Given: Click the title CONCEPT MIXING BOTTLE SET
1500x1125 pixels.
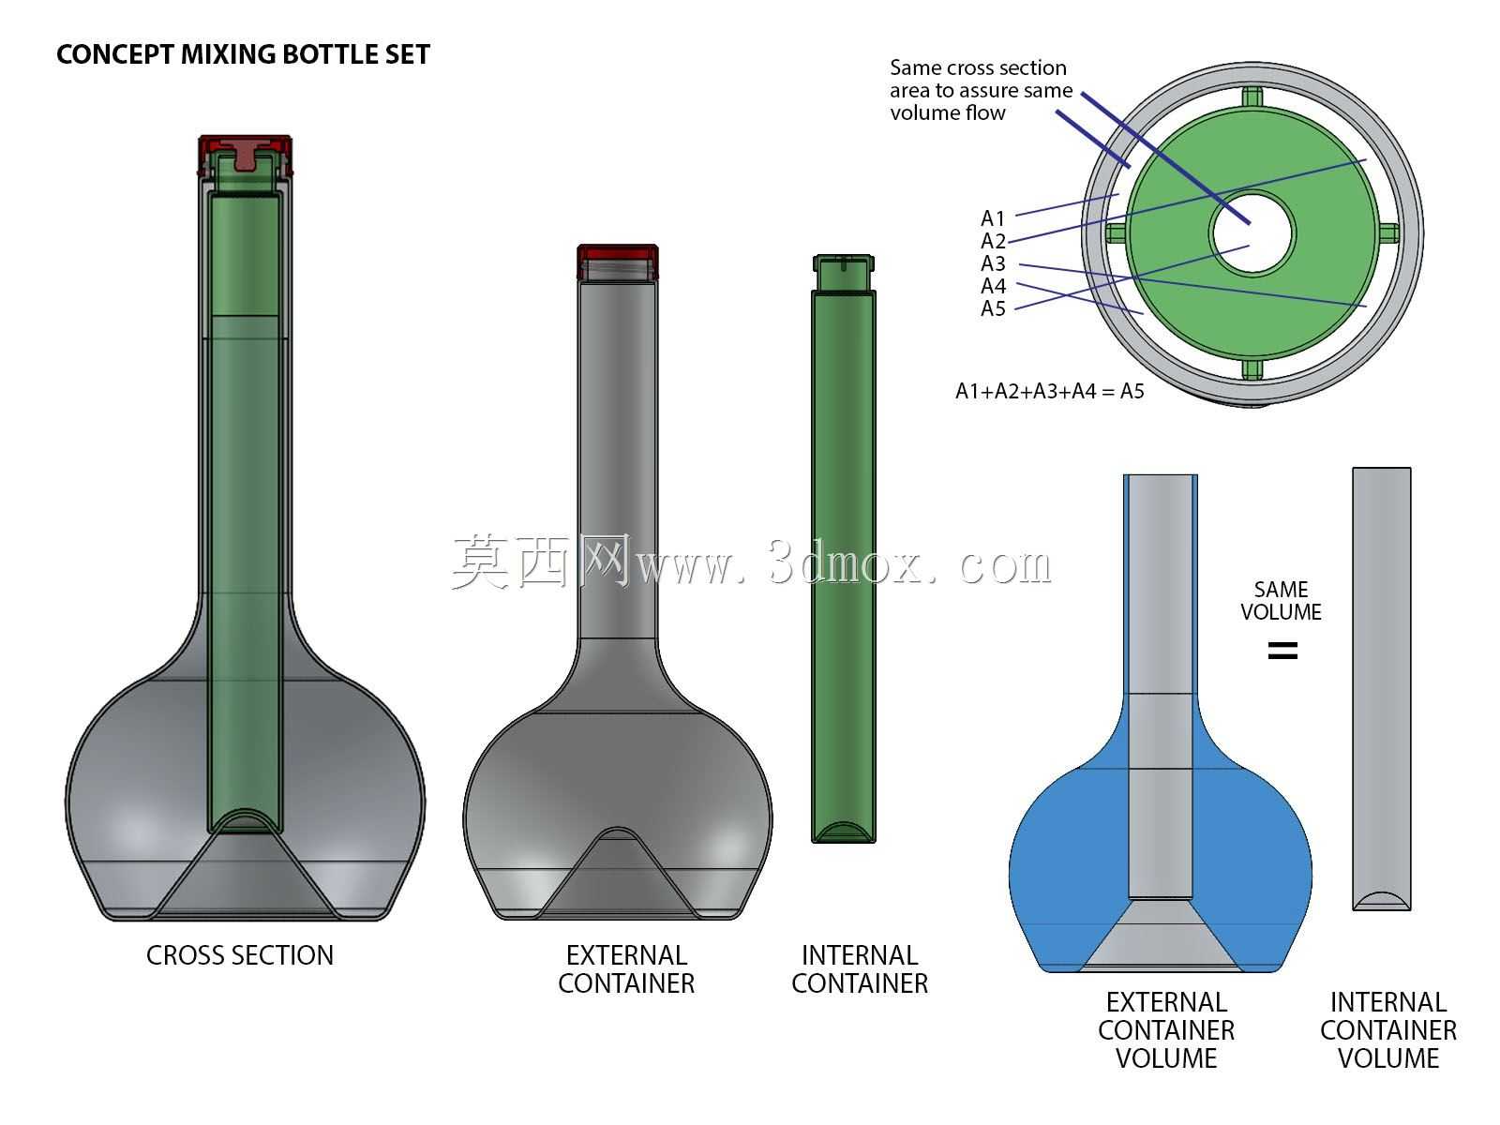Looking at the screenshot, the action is click(x=243, y=54).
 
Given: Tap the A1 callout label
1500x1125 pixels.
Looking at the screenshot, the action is click(x=992, y=218).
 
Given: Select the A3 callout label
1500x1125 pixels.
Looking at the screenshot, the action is click(x=993, y=263).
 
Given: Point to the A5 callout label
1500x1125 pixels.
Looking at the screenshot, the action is click(x=993, y=308).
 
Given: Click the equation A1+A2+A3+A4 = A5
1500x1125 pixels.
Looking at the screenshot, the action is click(x=1049, y=391).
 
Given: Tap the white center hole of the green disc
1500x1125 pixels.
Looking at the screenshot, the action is click(x=1252, y=232).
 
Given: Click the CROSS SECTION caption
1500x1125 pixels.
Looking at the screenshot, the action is click(x=240, y=955).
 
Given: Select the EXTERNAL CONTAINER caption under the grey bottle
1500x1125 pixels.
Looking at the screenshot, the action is click(x=626, y=969).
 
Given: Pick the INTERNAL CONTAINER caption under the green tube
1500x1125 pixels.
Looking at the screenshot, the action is click(x=860, y=969).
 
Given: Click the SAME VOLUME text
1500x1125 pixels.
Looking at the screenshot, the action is click(x=1281, y=600).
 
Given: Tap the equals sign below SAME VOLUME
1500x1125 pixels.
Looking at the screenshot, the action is click(x=1282, y=651).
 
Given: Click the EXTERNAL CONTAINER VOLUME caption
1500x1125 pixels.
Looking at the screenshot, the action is click(x=1166, y=1030).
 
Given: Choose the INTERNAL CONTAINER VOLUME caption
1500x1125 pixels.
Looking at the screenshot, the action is click(x=1387, y=1030).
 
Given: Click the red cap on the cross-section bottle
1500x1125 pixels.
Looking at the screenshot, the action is click(x=246, y=154).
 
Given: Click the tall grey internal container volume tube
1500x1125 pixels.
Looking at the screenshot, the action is click(x=1382, y=688).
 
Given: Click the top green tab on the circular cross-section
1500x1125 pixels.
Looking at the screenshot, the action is click(x=1252, y=97).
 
